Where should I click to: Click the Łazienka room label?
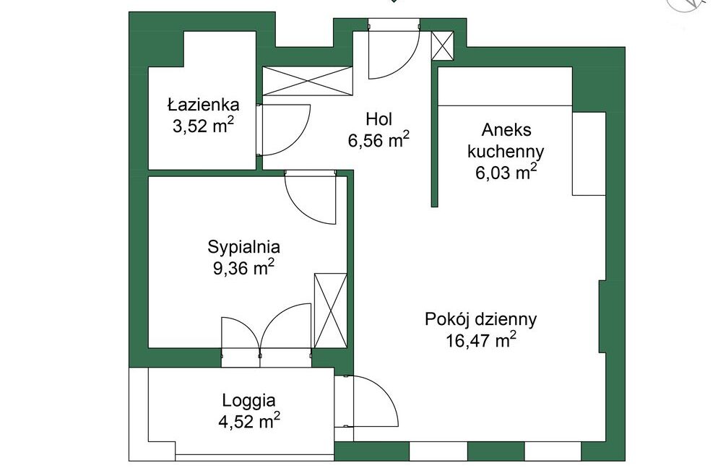[x=203, y=105]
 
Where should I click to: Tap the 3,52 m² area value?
[x=203, y=126]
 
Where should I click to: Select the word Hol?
[x=379, y=119]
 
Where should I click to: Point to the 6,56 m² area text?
[x=379, y=140]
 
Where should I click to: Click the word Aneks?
[x=506, y=130]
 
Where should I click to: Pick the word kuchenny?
[x=506, y=152]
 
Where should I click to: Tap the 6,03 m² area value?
[x=506, y=173]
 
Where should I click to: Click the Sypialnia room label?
[x=243, y=247]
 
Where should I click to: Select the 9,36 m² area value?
[x=243, y=268]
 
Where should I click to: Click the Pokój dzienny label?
[x=481, y=319]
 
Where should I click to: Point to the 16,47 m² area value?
[x=481, y=340]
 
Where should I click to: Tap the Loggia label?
[x=248, y=401]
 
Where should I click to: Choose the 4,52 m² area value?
[x=249, y=421]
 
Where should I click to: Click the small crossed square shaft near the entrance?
[x=442, y=45]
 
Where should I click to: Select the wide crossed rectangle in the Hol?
[x=308, y=81]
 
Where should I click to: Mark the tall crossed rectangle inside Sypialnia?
[x=331, y=311]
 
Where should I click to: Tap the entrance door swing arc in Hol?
[x=406, y=64]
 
